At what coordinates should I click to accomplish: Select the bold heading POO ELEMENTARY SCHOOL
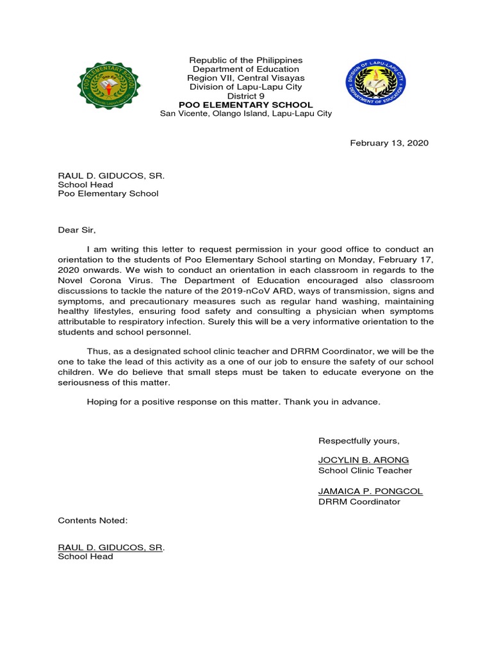246,105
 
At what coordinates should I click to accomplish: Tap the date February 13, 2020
389,143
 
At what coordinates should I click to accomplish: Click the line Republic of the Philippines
246,60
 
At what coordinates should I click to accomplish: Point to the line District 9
246,96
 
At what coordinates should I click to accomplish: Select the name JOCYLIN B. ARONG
363,461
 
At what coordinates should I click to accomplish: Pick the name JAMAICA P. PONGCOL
370,491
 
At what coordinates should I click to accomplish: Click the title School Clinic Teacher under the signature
365,471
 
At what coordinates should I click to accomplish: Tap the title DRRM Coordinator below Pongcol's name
359,502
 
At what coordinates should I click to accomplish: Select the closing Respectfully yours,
359,440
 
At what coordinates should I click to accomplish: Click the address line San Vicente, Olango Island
246,114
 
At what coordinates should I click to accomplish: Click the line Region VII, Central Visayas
246,78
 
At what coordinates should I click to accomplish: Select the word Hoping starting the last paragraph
101,402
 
